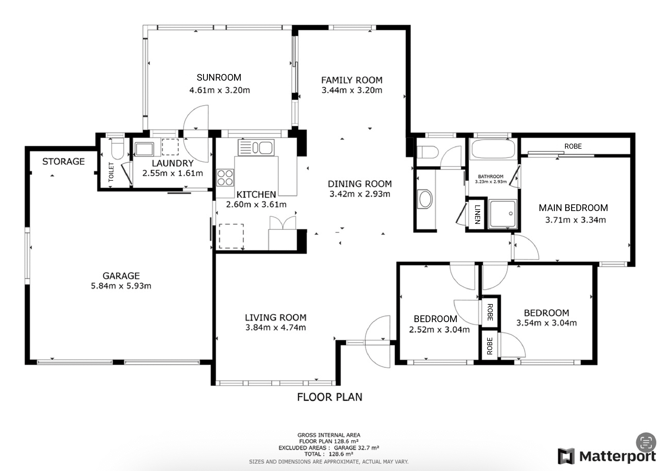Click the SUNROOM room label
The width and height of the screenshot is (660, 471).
pyautogui.click(x=219, y=77)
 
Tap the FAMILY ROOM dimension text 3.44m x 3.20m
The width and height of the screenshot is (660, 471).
pyautogui.click(x=352, y=90)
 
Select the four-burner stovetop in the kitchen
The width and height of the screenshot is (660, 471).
pyautogui.click(x=225, y=178)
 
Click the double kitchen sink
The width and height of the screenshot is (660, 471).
pyautogui.click(x=256, y=148)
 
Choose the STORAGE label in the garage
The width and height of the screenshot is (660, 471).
pyautogui.click(x=64, y=162)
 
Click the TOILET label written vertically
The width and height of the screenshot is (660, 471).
pyautogui.click(x=111, y=172)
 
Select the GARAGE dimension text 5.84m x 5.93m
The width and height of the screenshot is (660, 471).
pyautogui.click(x=121, y=286)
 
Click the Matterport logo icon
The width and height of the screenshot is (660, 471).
pyautogui.click(x=566, y=456)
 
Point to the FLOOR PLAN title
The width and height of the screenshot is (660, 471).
pyautogui.click(x=330, y=397)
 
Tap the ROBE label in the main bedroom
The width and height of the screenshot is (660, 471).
pyautogui.click(x=573, y=146)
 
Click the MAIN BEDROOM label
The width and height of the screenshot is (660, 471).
pyautogui.click(x=573, y=208)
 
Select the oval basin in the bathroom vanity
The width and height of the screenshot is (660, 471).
pyautogui.click(x=425, y=199)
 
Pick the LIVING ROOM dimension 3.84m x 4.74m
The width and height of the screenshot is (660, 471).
pyautogui.click(x=276, y=328)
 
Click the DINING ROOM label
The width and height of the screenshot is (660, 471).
pyautogui.click(x=360, y=184)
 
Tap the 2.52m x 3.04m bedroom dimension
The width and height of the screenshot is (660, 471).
pyautogui.click(x=439, y=330)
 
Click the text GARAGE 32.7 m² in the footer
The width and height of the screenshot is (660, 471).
pyautogui.click(x=357, y=448)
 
